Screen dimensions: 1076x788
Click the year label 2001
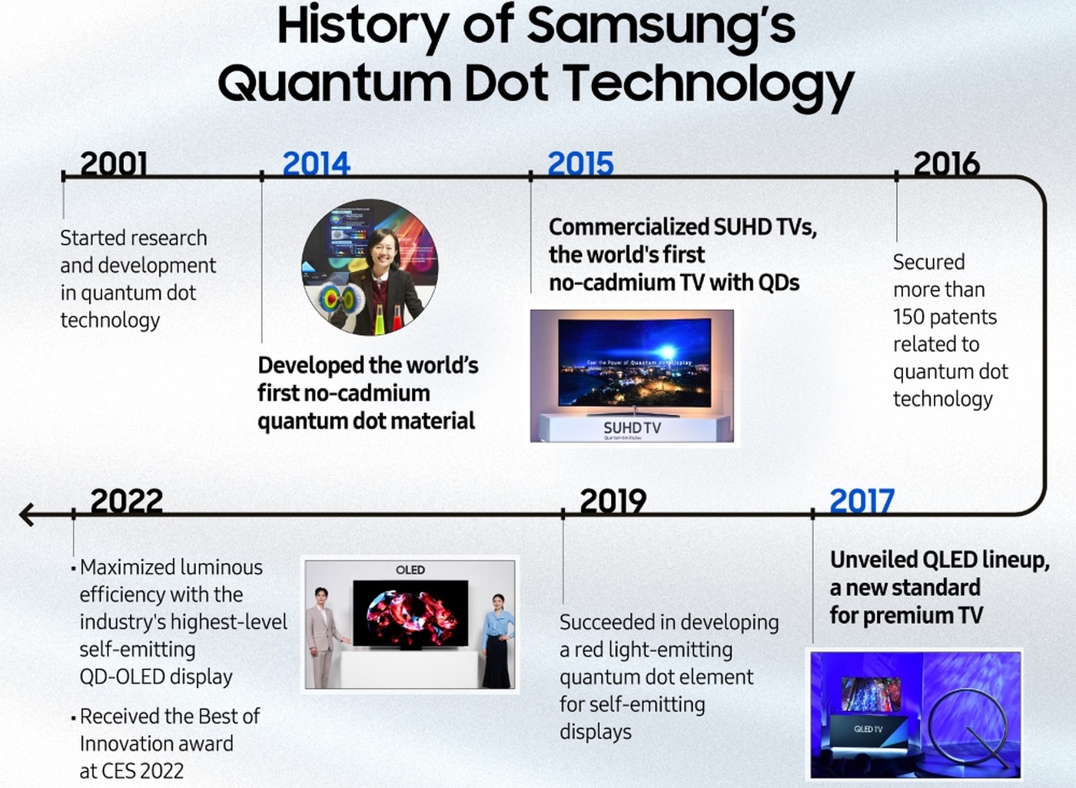pos(114,164)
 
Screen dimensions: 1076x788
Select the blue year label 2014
pos(316,164)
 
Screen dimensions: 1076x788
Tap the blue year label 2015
pos(581,164)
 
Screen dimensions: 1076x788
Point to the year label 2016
pos(947,164)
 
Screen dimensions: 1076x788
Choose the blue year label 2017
pos(862,501)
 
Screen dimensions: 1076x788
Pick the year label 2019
pos(613,501)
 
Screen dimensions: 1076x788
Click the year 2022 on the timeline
pos(127,501)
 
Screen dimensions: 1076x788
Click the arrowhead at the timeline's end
pos(26,515)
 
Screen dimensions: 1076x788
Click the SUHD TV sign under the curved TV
pos(632,428)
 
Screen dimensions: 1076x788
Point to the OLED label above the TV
pos(410,570)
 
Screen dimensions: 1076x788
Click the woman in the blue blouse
pos(497,641)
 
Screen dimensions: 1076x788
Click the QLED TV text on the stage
pos(868,729)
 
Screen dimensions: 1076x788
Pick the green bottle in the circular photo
pos(380,320)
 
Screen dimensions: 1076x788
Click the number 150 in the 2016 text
pos(908,317)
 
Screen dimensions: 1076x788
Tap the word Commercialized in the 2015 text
pos(629,227)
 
